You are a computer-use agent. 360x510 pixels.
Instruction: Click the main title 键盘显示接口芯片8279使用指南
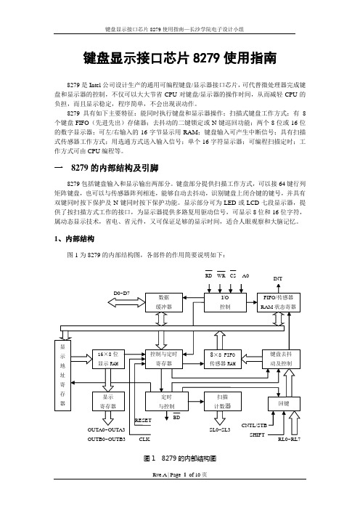coord(180,58)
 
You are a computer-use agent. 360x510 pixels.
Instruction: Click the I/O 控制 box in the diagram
coord(225,302)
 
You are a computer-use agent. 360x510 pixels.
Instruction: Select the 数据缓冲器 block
coord(164,302)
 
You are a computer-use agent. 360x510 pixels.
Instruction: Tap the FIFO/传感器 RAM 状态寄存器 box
coord(278,302)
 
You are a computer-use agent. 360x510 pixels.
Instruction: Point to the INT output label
coord(278,278)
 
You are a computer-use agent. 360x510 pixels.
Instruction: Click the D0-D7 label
coord(122,293)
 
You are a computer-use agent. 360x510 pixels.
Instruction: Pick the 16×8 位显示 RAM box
coord(108,359)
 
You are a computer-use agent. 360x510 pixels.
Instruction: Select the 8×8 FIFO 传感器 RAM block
coord(223,359)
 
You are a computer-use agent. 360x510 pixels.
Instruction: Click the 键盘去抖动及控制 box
coord(281,359)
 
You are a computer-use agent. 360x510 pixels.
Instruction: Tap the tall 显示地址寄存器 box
coord(62,376)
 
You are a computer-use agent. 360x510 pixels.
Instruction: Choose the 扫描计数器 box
coord(223,401)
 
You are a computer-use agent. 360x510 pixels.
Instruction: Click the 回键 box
coord(284,404)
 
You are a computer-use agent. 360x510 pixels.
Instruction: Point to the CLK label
coord(144,439)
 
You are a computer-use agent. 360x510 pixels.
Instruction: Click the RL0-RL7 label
coord(289,439)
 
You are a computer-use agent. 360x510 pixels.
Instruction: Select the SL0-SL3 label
coord(220,429)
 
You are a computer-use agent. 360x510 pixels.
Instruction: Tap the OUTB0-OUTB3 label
coord(106,439)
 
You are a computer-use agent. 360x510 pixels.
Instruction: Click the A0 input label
coord(245,276)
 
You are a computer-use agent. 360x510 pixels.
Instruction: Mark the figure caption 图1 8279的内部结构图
coord(180,458)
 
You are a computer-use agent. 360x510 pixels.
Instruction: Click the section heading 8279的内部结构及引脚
coord(115,168)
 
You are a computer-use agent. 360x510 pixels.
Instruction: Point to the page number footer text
coord(180,475)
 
